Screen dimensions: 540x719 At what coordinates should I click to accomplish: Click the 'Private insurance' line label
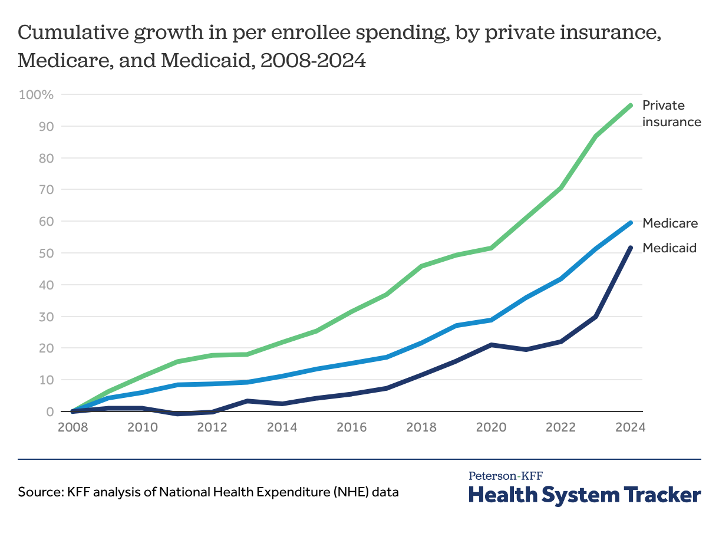(x=671, y=114)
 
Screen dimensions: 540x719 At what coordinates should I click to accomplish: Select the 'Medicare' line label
(x=670, y=223)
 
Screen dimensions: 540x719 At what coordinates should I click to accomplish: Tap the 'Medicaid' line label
(x=669, y=248)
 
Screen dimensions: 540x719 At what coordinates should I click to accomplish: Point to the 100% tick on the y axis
(x=37, y=95)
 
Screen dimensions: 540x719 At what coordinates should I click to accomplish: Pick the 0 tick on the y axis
(x=50, y=411)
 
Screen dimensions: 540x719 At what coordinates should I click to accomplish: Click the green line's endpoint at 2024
(x=631, y=106)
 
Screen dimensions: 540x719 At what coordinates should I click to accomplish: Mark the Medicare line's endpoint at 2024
(x=631, y=223)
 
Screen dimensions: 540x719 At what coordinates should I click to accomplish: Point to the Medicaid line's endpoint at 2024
(x=631, y=248)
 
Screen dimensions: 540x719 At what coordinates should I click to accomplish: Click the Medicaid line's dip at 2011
(x=177, y=414)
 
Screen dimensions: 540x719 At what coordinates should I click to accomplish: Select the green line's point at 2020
(x=491, y=248)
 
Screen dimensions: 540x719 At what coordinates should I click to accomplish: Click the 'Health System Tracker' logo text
(x=585, y=495)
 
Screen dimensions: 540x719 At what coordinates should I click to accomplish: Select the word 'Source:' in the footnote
(x=38, y=492)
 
